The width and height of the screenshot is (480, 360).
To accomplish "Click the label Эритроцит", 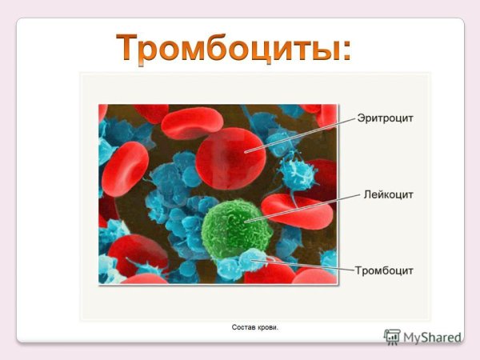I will tap(386, 118).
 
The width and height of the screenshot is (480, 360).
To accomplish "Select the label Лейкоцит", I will tap(388, 194).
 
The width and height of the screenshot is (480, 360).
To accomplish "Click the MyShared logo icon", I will tap(392, 337).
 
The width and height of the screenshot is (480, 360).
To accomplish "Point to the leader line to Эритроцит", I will tap(300, 134).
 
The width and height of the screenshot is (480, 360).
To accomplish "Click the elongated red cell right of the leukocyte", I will tap(296, 211).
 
